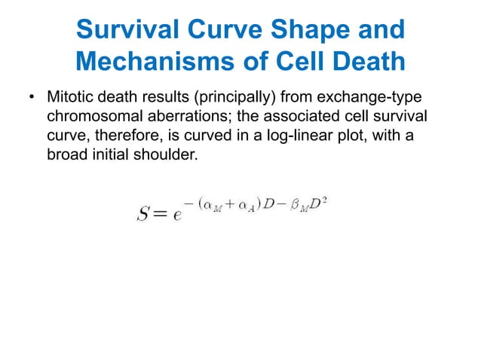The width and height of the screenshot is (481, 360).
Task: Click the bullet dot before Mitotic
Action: pyautogui.click(x=32, y=99)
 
